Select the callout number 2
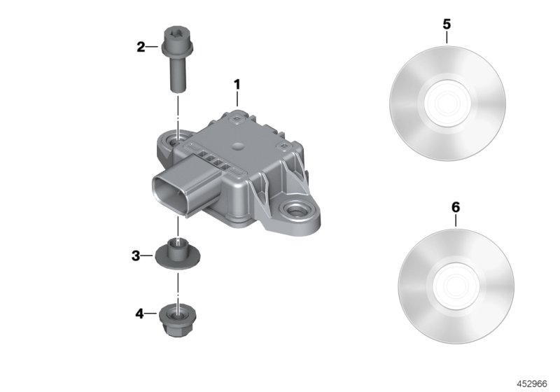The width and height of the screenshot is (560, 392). [141, 47]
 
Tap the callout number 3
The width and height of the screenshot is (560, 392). [136, 255]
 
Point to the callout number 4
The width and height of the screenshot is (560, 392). [140, 314]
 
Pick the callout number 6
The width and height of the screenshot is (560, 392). [456, 207]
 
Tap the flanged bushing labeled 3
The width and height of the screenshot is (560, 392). [178, 253]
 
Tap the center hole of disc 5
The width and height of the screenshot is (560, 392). [447, 103]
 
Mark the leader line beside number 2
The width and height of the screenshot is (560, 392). [154, 47]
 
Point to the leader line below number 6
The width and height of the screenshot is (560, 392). [456, 221]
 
